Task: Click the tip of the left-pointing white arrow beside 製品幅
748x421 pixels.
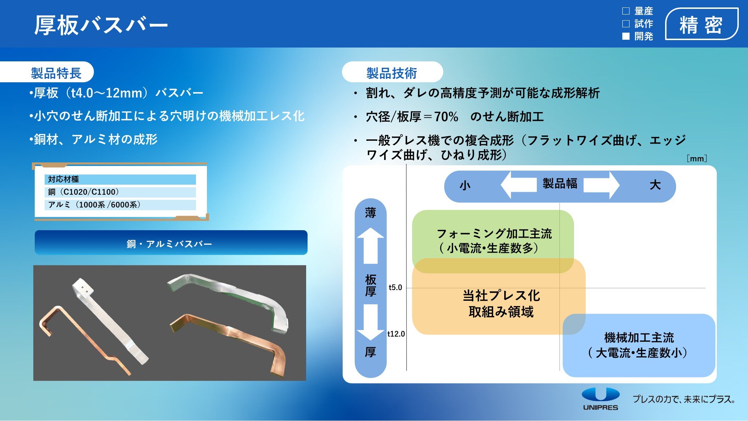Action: point(501,185)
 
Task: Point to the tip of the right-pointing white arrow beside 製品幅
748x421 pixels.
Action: point(619,185)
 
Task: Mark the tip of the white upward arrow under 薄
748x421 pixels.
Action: point(371,228)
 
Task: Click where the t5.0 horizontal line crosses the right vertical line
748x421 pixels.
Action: point(559,288)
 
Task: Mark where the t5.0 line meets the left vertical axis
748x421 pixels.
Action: point(406,288)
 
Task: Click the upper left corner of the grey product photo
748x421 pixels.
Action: point(34,265)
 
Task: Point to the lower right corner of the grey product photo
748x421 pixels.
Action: point(306,381)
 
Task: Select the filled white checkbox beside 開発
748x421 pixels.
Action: point(626,36)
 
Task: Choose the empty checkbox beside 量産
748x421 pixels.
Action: point(626,11)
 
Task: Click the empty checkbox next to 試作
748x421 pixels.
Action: point(626,24)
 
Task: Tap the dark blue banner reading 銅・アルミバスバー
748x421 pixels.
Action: point(171,243)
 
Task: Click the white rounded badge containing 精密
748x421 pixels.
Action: point(702,24)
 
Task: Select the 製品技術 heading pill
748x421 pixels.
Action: point(393,72)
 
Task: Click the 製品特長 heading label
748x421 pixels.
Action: point(56,73)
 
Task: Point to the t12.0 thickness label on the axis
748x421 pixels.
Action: point(396,334)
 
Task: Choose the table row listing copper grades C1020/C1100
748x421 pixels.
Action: point(120,192)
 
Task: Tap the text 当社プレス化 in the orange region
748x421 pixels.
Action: point(501,295)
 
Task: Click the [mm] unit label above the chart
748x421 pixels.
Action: point(697,159)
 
